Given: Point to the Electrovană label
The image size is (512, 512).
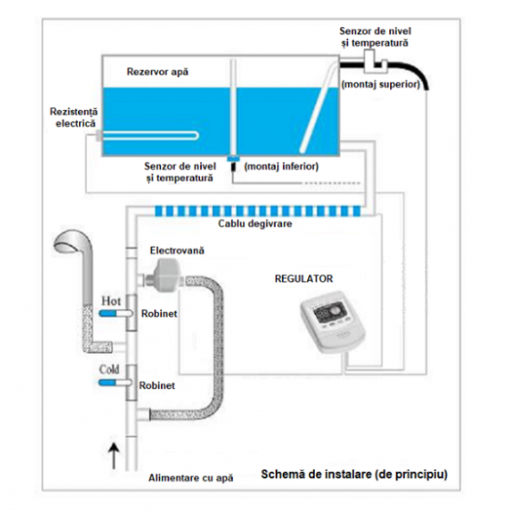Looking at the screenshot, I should pyautogui.click(x=177, y=251).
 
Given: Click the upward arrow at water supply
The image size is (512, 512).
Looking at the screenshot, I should pyautogui.click(x=114, y=456).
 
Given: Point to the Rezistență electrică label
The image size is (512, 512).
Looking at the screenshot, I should pyautogui.click(x=74, y=117).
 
